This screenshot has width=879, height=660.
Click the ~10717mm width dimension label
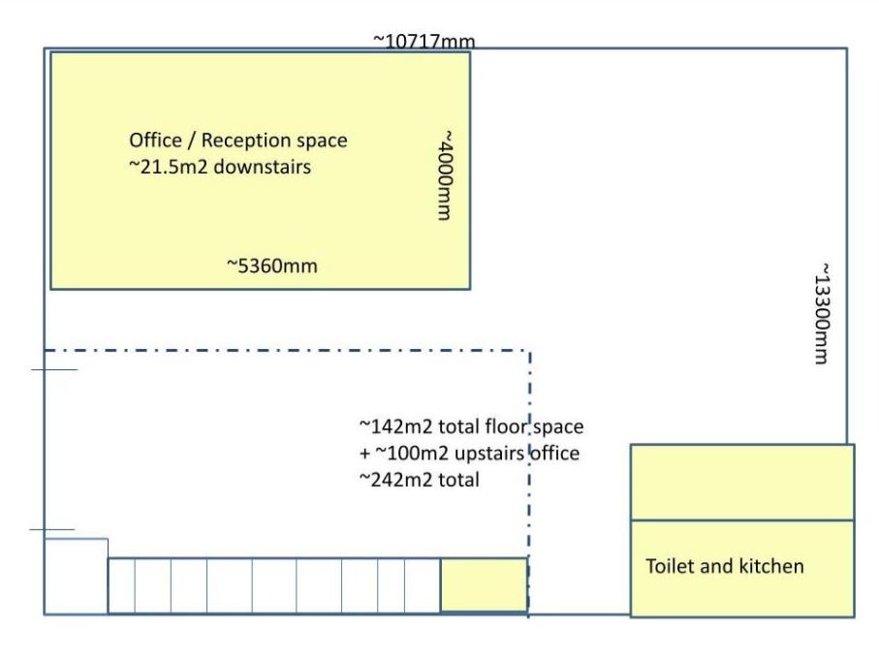(424, 42)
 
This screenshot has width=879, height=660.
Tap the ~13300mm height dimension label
(822, 313)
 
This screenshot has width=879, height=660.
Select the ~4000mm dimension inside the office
(445, 175)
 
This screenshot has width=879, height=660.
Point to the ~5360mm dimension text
(272, 266)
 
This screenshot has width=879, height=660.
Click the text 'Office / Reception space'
(238, 141)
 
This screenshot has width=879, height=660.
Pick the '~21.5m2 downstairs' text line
(220, 167)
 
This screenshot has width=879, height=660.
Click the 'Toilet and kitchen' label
(724, 566)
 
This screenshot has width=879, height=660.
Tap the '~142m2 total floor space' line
(471, 426)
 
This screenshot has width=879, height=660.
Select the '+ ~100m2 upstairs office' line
(469, 454)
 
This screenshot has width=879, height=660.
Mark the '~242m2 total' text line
(419, 480)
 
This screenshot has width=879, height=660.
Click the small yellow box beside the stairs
(484, 584)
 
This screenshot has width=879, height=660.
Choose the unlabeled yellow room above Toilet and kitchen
(742, 483)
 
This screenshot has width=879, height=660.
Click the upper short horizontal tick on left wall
(54, 369)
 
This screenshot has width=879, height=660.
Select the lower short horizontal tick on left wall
(52, 529)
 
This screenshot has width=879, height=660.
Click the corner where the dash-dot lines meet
(529, 351)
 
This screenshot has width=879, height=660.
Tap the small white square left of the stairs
(77, 577)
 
